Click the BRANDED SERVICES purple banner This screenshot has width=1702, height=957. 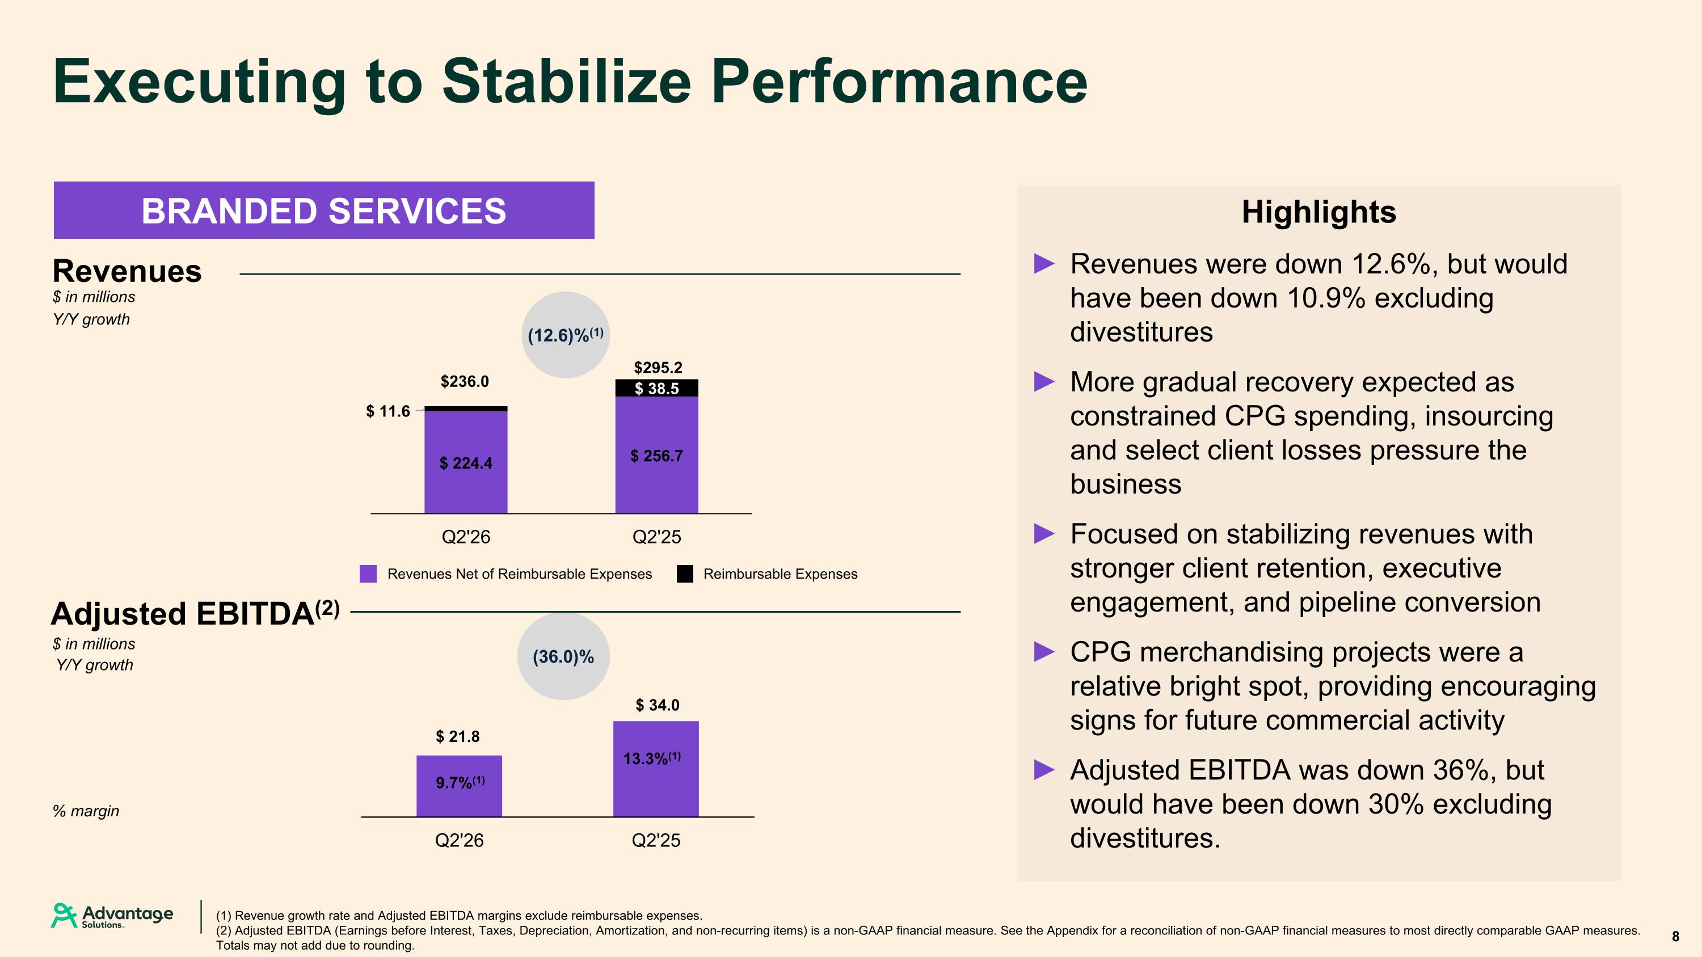click(x=324, y=210)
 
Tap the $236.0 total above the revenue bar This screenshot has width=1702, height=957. click(x=465, y=382)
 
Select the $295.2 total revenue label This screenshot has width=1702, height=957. click(x=658, y=367)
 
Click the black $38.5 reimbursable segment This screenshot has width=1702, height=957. click(x=657, y=389)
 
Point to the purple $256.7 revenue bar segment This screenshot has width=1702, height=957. click(x=657, y=455)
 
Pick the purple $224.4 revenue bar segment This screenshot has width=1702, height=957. click(x=466, y=462)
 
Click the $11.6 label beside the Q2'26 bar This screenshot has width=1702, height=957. click(x=388, y=411)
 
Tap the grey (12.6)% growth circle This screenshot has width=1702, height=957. click(x=565, y=335)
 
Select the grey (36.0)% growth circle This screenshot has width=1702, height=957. click(x=563, y=656)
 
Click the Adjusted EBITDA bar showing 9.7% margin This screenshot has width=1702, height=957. click(x=459, y=786)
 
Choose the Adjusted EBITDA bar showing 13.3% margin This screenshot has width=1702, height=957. click(x=656, y=769)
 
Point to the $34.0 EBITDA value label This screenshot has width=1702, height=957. click(x=658, y=705)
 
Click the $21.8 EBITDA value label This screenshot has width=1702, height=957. click(x=458, y=736)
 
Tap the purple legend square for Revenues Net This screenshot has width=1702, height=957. click(x=368, y=574)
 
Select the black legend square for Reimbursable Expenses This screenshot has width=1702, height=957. click(x=685, y=574)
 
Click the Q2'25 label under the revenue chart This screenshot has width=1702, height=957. click(x=657, y=537)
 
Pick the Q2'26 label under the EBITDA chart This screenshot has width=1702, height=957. click(x=459, y=841)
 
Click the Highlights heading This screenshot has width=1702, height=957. click(x=1319, y=212)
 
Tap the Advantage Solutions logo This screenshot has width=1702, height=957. click(x=112, y=916)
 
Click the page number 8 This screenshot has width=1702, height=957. click(x=1675, y=937)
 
